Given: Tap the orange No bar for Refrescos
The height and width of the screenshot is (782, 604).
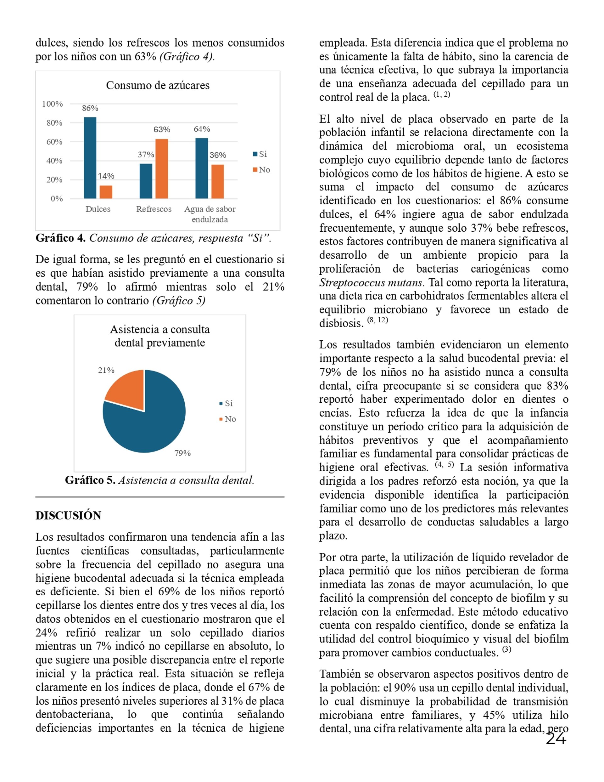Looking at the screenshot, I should click(162, 168).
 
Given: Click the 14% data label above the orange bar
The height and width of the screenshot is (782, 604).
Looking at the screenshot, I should click(106, 176).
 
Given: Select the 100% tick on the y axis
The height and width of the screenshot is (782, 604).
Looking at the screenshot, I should click(52, 104).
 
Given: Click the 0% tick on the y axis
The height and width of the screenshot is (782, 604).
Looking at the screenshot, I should click(57, 199).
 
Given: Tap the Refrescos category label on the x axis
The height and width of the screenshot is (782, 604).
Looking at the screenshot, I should click(154, 209).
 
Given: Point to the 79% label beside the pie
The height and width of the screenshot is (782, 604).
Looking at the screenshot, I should click(182, 453).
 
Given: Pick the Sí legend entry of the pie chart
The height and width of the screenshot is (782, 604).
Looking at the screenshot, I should click(226, 404).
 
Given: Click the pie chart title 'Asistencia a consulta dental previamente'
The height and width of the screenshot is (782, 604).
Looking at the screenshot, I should click(159, 336).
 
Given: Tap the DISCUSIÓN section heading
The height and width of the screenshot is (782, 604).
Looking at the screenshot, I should click(68, 515).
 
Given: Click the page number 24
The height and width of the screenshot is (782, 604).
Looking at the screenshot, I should click(556, 738).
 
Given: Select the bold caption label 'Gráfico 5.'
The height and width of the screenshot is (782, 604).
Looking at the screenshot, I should click(90, 480).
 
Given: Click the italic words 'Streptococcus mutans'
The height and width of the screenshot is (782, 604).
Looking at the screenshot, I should click(372, 282).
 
